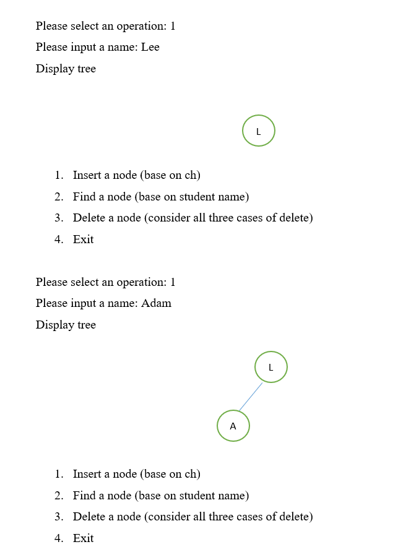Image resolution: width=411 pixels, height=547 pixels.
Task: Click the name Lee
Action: tap(150, 47)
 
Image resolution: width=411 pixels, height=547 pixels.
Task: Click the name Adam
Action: tap(156, 303)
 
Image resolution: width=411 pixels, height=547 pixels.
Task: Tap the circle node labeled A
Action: tap(233, 426)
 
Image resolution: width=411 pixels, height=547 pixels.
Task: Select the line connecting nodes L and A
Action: tap(251, 397)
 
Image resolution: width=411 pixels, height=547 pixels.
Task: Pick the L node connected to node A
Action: tap(271, 367)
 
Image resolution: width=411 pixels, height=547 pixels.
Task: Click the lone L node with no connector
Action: tap(259, 131)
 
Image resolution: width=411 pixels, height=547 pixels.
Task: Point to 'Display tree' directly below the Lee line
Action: tap(66, 69)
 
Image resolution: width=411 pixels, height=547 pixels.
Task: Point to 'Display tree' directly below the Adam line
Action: tap(66, 325)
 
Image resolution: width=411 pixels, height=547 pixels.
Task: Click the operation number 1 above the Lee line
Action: tap(173, 26)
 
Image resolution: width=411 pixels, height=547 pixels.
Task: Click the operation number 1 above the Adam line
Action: tap(173, 282)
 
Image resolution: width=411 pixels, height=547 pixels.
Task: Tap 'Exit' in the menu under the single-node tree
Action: tap(83, 239)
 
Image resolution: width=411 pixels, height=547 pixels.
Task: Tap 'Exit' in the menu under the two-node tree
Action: tap(83, 538)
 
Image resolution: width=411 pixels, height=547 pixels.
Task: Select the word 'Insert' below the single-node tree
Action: tap(87, 175)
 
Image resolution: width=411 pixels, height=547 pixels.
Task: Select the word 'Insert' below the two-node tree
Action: tap(87, 474)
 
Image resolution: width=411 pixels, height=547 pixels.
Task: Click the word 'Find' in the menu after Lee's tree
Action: tap(84, 197)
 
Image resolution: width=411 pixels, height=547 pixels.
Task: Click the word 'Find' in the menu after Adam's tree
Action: tap(84, 496)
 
